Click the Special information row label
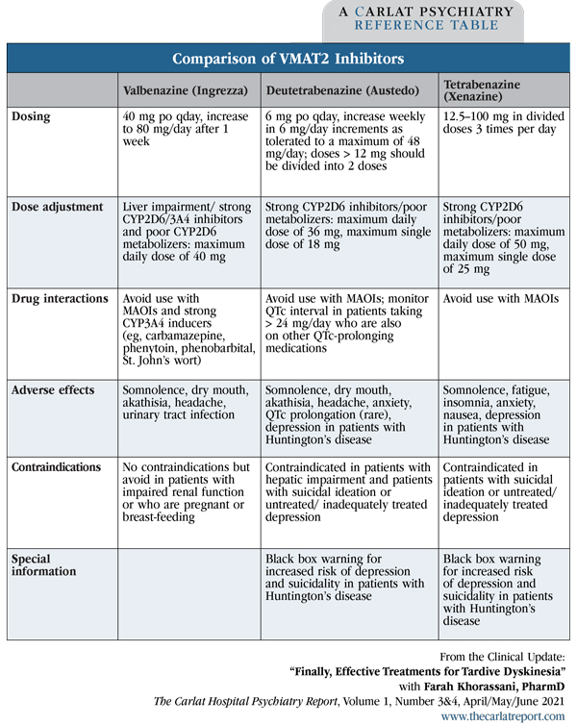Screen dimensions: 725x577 pos(43,564)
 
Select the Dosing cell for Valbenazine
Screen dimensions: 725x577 pos(184,129)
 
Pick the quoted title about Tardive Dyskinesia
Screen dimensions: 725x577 pos(428,668)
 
